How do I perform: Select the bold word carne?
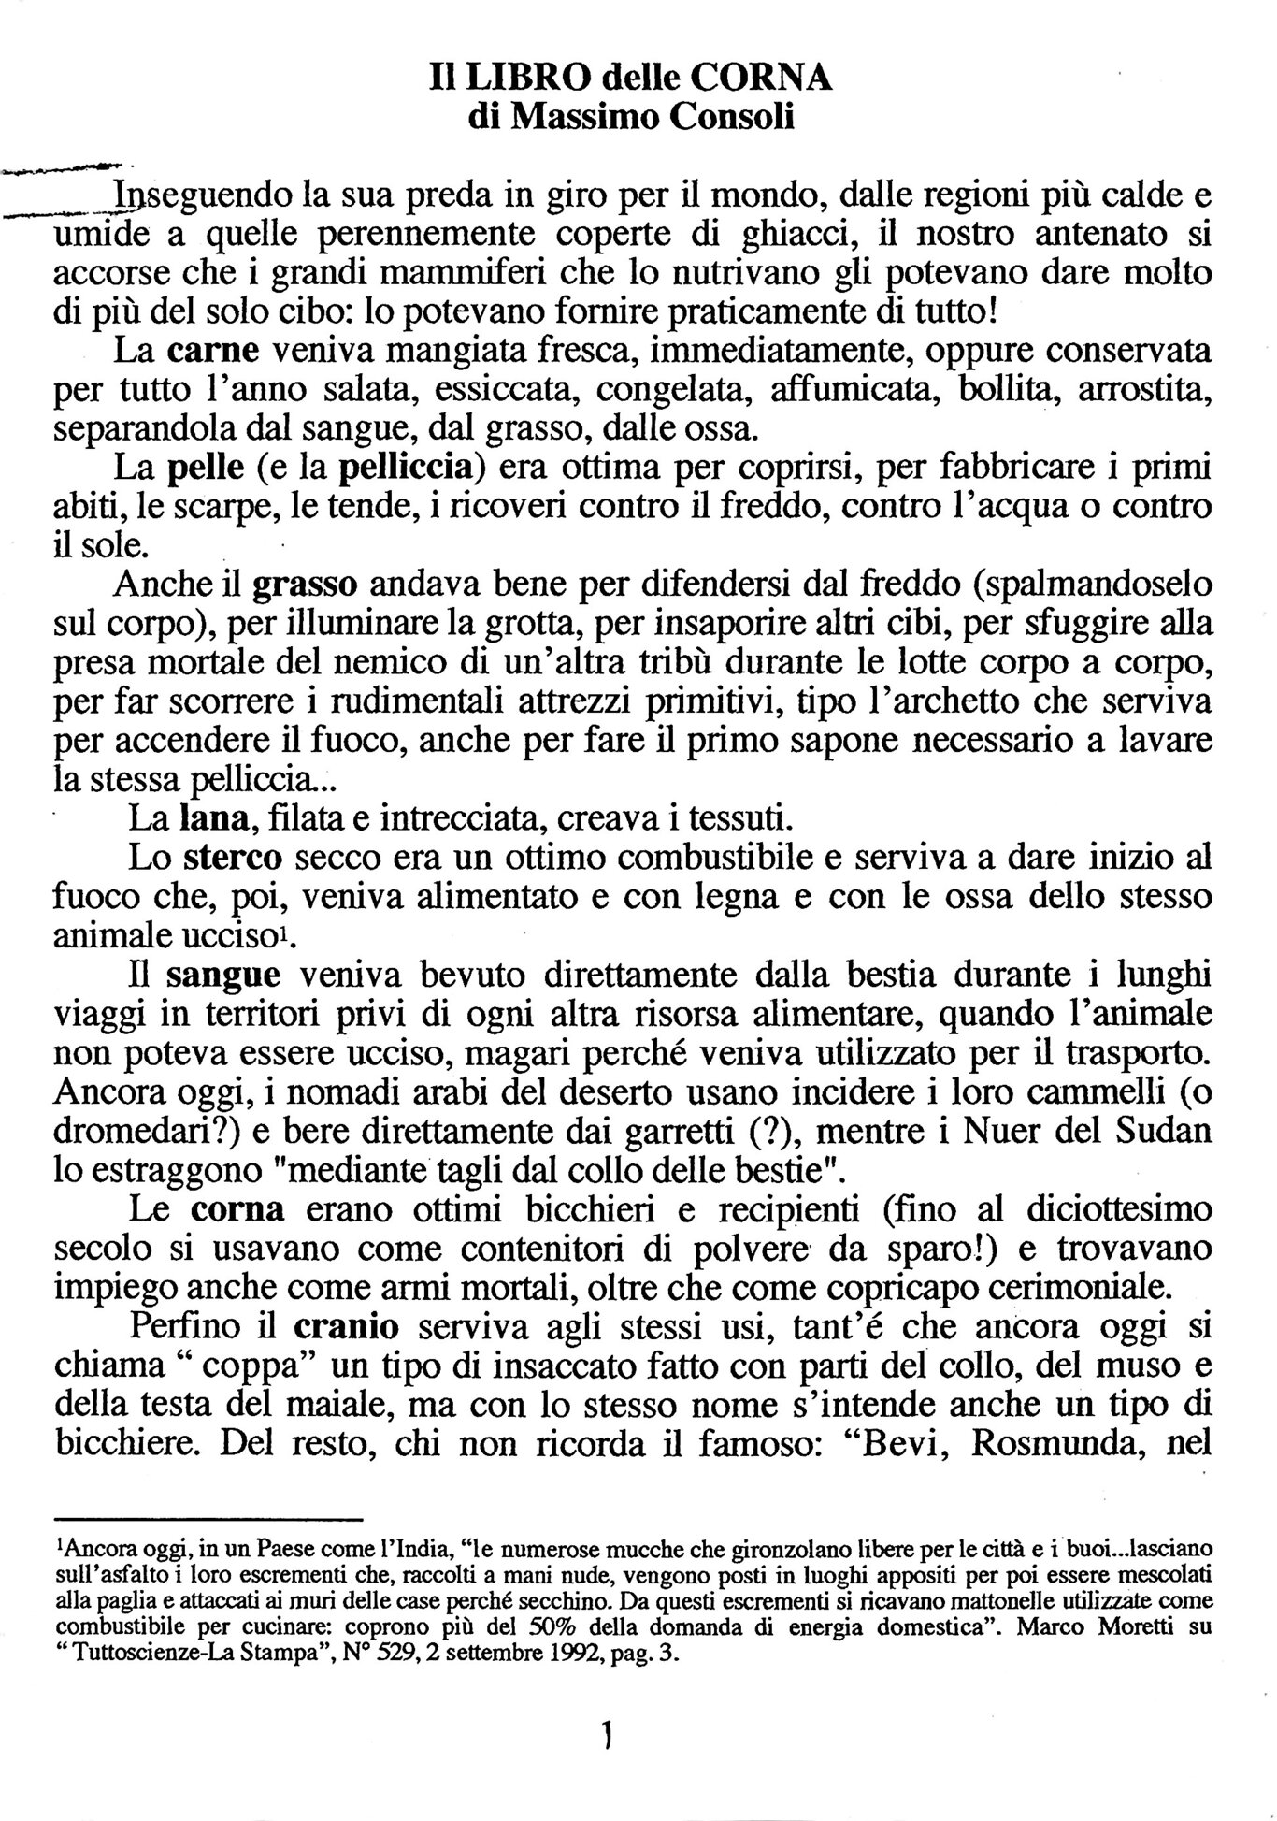[213, 352]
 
